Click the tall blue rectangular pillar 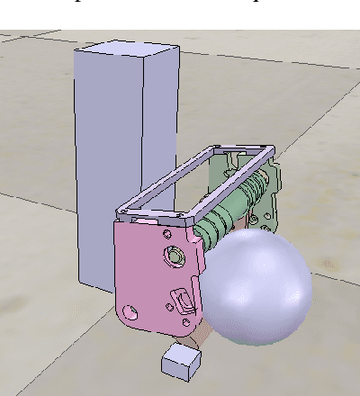112,162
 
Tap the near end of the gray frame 153,216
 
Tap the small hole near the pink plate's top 166,234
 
